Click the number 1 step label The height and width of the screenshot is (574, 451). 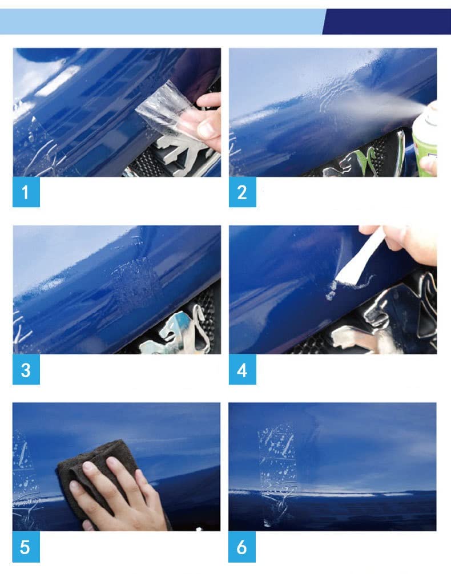pos(26,192)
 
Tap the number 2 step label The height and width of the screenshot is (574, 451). pos(242,192)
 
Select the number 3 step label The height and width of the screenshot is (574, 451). pos(26,370)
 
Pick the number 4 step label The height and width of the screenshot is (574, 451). pos(242,370)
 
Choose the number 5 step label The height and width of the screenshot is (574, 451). pos(26,547)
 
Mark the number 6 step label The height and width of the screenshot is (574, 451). pos(242,547)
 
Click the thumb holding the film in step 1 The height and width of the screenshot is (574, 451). pos(207,129)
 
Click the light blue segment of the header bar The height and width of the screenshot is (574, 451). pos(160,21)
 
